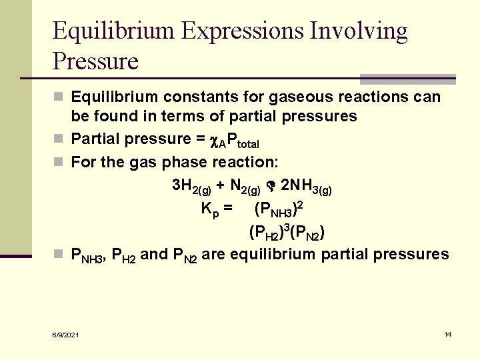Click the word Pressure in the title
click(95, 61)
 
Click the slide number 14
click(448, 334)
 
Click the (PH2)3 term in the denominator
click(267, 233)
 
